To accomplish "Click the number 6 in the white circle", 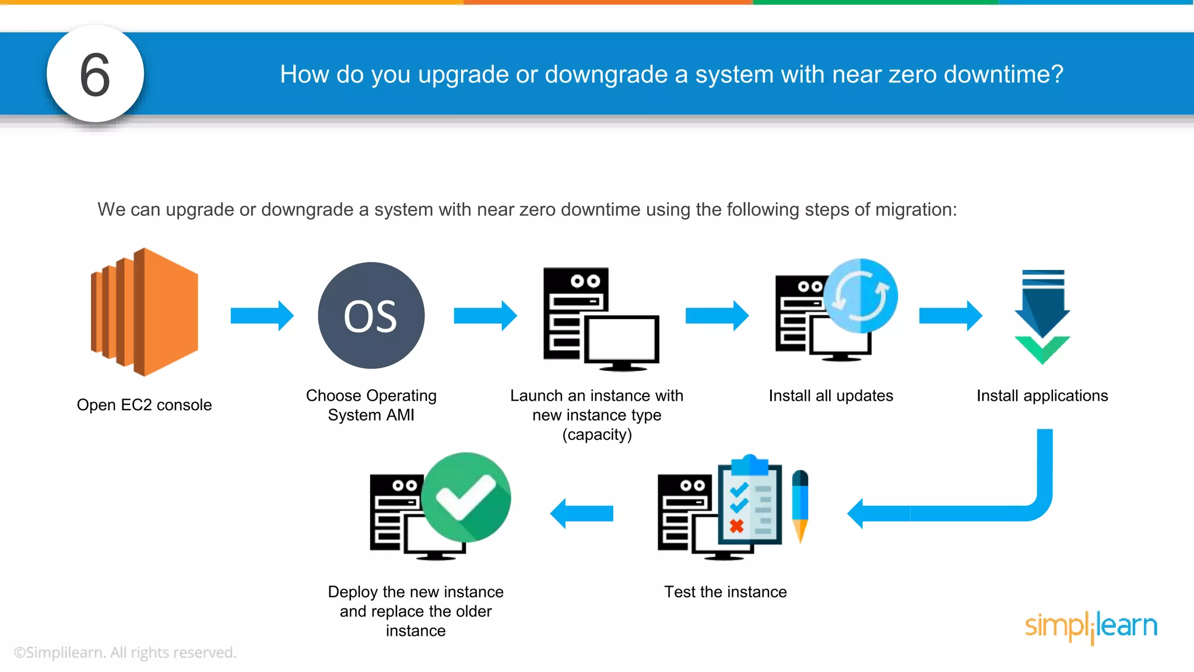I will coord(95,75).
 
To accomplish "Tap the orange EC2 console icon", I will coord(145,312).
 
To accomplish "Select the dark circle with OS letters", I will coord(371,316).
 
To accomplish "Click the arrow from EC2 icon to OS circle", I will coord(262,316).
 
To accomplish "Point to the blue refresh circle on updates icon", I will coord(861,296).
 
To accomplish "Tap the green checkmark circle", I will coord(466,497).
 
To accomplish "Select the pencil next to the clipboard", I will coord(800,505).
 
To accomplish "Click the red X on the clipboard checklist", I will coord(737,526).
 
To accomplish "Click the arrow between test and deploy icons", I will coord(582,513).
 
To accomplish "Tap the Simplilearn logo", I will coord(1091,626).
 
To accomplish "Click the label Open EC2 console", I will coord(144,405).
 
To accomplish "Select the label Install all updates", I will coord(831,395).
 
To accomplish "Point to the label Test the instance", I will coord(725,592).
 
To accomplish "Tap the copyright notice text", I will coord(125,652).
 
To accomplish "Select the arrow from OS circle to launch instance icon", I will coord(485,316).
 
